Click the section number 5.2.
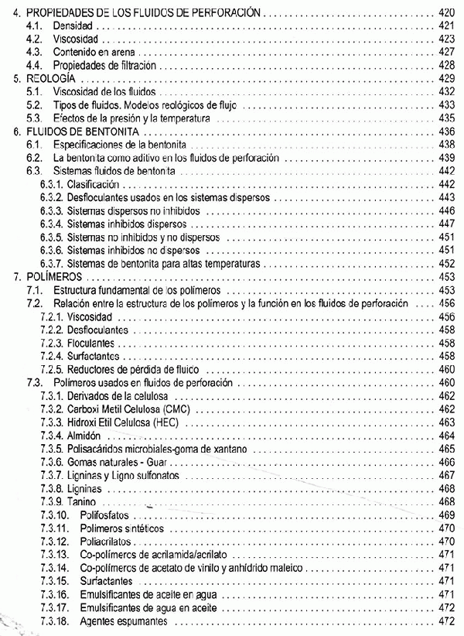pyautogui.click(x=32, y=104)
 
